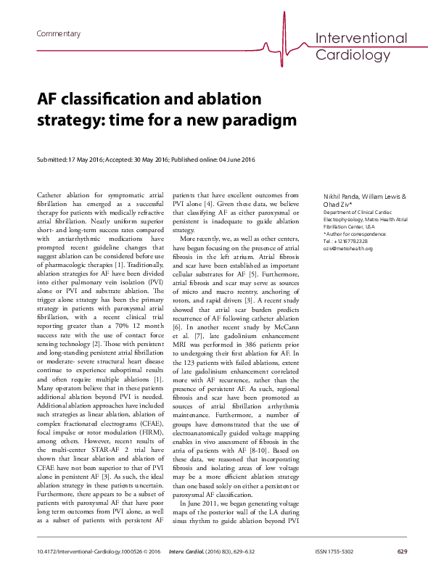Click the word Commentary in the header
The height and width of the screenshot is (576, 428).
click(58, 34)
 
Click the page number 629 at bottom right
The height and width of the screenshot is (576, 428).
click(402, 553)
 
